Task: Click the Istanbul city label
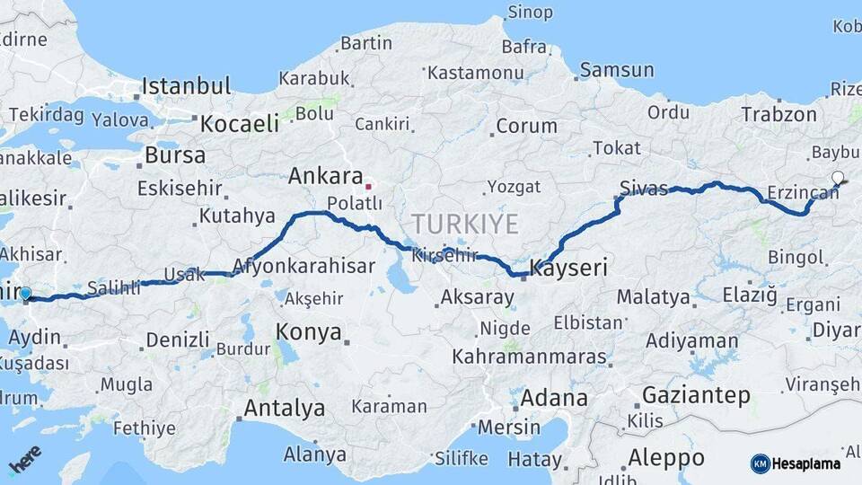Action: click(x=186, y=87)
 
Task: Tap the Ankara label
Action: click(x=325, y=177)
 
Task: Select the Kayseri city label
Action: click(x=568, y=268)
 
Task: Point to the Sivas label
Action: click(x=644, y=189)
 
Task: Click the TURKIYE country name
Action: click(x=465, y=224)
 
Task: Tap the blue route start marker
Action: click(x=25, y=294)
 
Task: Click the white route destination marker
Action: click(x=838, y=177)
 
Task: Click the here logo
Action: click(x=25, y=460)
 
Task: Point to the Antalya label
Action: click(x=285, y=409)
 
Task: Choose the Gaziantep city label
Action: click(x=696, y=396)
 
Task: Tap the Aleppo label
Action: click(x=665, y=457)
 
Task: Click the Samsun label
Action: click(x=617, y=70)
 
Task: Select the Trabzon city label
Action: click(x=778, y=114)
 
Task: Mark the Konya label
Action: click(x=309, y=332)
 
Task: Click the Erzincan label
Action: click(x=802, y=192)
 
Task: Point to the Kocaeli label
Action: click(x=239, y=124)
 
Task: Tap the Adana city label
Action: click(x=554, y=398)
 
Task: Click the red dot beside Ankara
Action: click(x=367, y=187)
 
